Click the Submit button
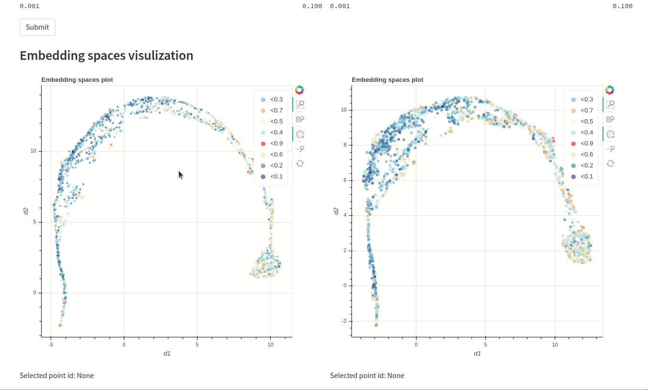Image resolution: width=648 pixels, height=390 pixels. tap(37, 27)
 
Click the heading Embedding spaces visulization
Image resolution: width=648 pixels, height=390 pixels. tap(106, 56)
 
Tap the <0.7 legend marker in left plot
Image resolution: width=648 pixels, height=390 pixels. tap(263, 111)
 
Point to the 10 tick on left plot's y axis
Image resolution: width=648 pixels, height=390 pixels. tap(33, 151)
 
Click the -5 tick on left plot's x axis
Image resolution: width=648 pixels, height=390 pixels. tap(51, 345)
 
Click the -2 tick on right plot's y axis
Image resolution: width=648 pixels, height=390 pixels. tap(344, 321)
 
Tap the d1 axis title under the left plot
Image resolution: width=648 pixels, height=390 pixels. tap(167, 354)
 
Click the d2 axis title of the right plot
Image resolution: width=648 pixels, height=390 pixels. tap(336, 211)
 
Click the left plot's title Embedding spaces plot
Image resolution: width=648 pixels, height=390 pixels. tap(77, 80)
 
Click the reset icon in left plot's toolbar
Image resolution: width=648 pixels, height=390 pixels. tap(300, 164)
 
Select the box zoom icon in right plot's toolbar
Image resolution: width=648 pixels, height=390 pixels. tap(610, 104)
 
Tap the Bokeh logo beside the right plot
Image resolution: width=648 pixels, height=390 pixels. tap(610, 90)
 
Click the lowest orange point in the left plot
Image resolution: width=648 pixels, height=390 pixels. tap(60, 325)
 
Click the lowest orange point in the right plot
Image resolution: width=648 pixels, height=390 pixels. tap(376, 325)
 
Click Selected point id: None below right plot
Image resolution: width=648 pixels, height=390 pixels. tap(367, 376)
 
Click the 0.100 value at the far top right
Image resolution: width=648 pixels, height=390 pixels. tap(622, 6)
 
